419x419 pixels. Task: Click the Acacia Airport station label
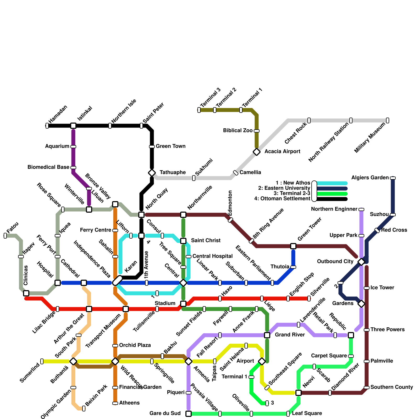[282, 152]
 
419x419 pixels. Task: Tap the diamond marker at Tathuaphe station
[152, 173]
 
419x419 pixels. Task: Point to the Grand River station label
[290, 335]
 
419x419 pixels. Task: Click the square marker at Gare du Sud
[189, 414]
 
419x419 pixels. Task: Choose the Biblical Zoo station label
[238, 131]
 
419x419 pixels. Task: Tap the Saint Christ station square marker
[183, 241]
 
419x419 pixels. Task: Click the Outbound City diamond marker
[361, 262]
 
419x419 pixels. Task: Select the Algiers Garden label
[370, 178]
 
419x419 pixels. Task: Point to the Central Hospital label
[212, 256]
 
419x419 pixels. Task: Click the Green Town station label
[170, 146]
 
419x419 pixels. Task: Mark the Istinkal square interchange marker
[73, 126]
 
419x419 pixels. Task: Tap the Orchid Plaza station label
[135, 345]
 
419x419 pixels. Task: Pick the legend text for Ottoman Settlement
[282, 199]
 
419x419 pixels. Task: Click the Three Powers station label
[388, 330]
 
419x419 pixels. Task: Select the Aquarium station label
[57, 146]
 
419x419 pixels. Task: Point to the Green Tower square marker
[293, 246]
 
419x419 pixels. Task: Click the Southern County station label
[392, 387]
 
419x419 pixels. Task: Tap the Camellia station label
[250, 173]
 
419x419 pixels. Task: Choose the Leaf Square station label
[307, 414]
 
